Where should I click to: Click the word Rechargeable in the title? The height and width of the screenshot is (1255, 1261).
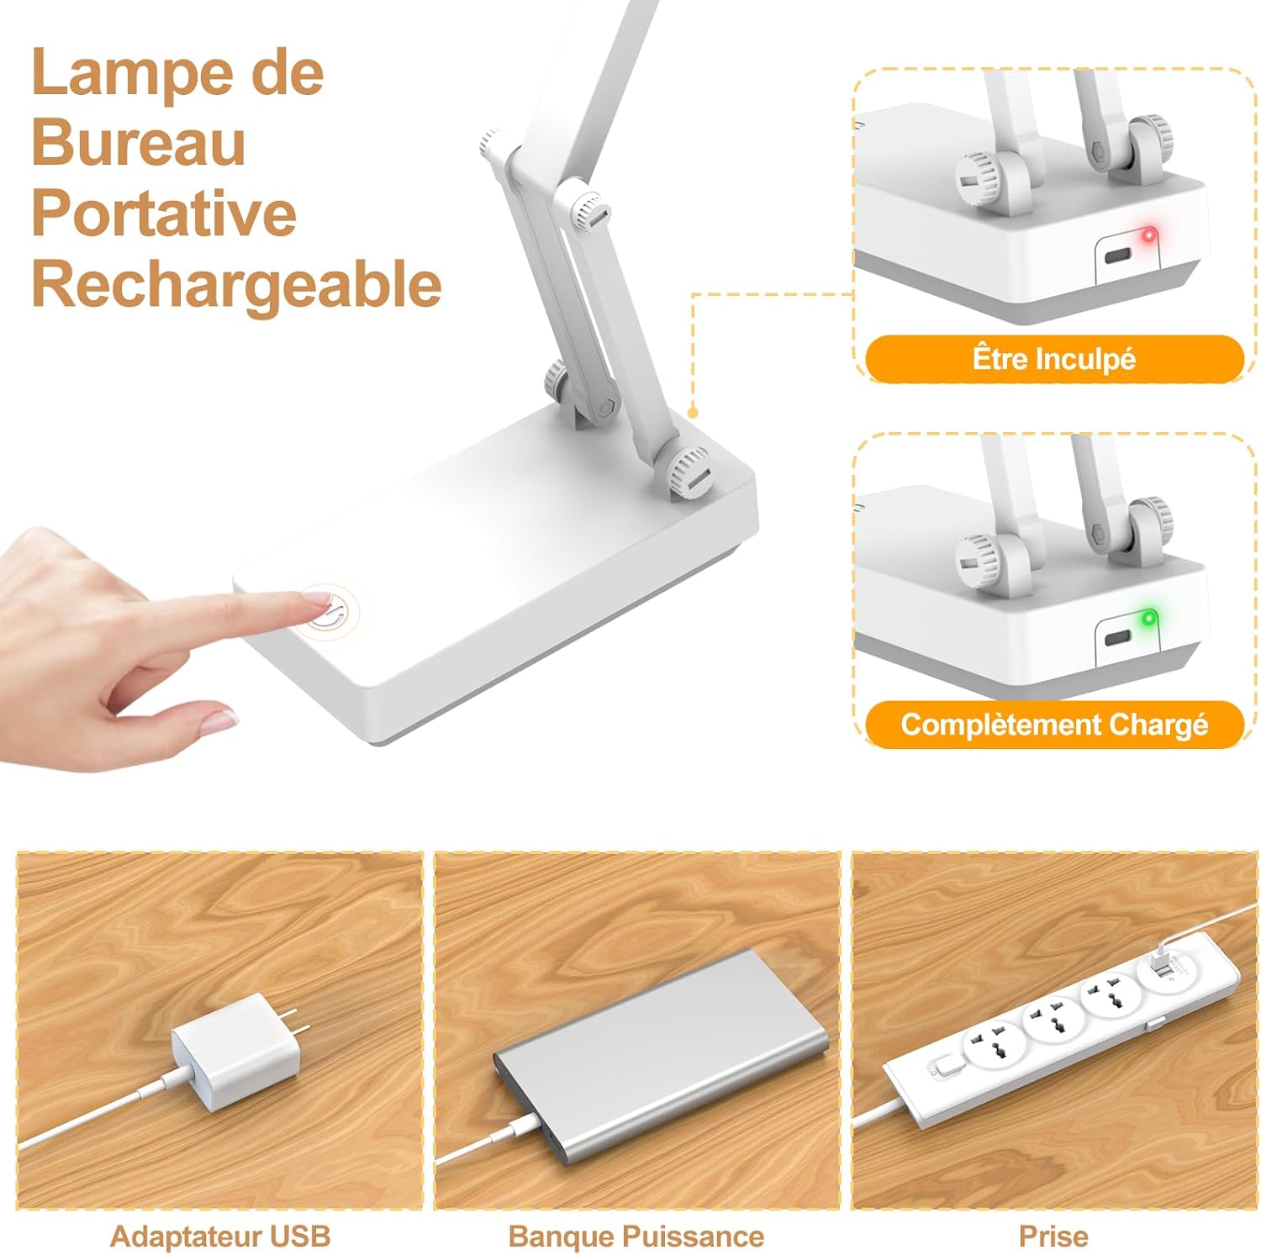click(x=236, y=285)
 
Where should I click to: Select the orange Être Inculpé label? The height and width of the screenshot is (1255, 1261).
click(x=1054, y=359)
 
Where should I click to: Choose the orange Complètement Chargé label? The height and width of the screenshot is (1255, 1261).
click(x=1054, y=725)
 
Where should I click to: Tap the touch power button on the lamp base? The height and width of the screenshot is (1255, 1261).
click(x=330, y=611)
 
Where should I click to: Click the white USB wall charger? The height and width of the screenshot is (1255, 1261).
click(x=236, y=1050)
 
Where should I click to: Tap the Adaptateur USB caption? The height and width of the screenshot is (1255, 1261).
click(x=220, y=1237)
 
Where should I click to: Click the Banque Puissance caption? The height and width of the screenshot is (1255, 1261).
click(x=636, y=1237)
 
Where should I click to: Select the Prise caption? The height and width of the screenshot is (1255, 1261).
click(x=1053, y=1237)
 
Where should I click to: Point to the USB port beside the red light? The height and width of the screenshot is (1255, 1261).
click(x=1118, y=256)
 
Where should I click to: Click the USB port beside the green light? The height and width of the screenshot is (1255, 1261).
click(x=1118, y=638)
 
